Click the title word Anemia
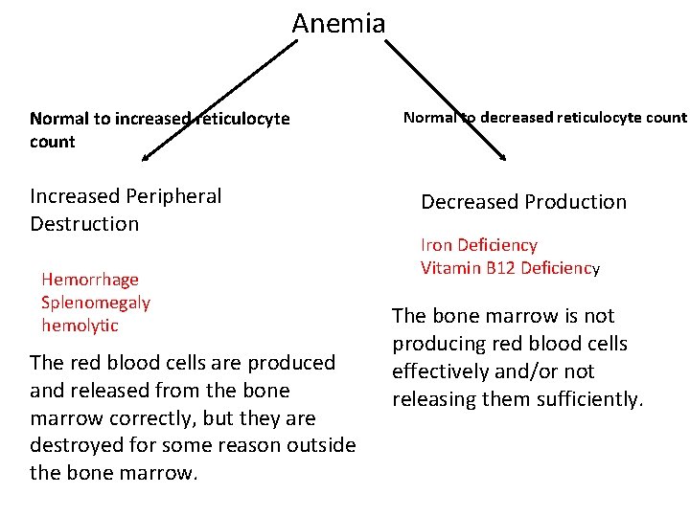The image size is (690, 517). pos(338,23)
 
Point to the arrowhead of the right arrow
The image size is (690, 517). pos(503,155)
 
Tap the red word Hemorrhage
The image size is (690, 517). pos(90,280)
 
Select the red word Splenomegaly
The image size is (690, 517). pos(96,303)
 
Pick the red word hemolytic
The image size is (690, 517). pos(80,326)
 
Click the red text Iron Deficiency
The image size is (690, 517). pos(479,245)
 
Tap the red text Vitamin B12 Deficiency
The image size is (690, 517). pos(510,268)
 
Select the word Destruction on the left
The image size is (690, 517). pos(84,224)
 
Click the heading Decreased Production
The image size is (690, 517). pos(523,202)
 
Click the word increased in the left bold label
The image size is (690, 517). pos(152,120)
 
